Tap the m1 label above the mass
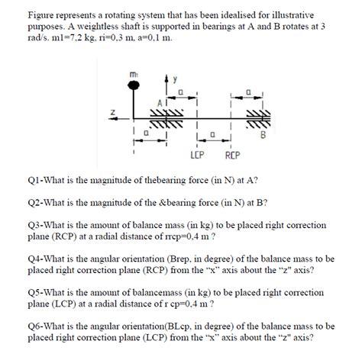click(134, 73)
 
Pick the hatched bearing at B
click(254, 121)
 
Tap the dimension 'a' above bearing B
click(248, 90)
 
